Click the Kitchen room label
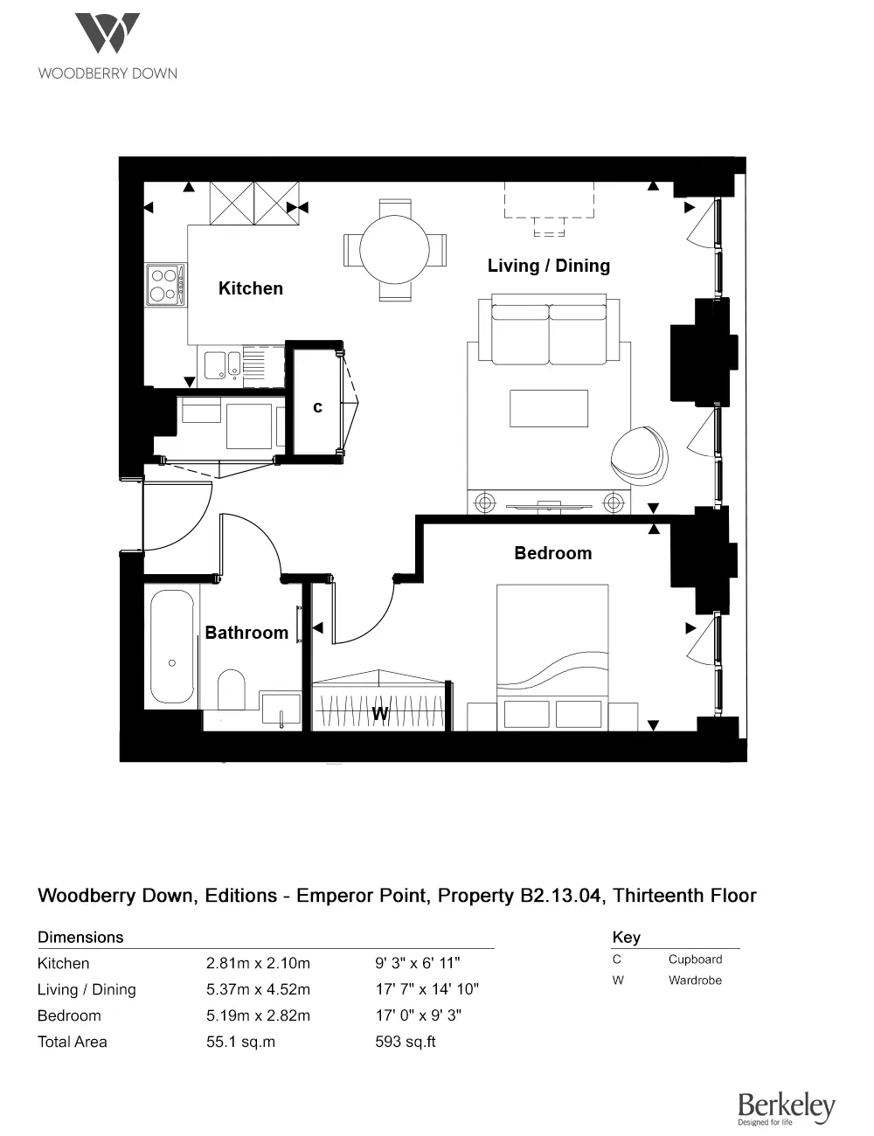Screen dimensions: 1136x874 [251, 288]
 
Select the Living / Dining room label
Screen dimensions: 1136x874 [548, 266]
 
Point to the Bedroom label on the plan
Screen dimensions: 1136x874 [552, 553]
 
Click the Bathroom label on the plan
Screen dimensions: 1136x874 [246, 633]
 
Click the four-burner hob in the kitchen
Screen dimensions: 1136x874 [164, 284]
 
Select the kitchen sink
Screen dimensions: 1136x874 [222, 364]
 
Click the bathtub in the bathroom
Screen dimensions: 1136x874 [172, 647]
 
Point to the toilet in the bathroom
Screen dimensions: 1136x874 [232, 689]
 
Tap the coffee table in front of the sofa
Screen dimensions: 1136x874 [548, 408]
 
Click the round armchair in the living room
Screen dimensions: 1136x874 [639, 454]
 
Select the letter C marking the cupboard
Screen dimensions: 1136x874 [317, 407]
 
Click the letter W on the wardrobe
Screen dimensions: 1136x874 [380, 714]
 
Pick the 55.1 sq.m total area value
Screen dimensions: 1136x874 [240, 1042]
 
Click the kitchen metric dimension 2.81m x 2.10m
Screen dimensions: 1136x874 [258, 963]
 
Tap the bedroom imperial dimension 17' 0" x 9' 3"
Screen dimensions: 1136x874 [418, 1015]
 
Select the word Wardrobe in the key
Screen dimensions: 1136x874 [695, 980]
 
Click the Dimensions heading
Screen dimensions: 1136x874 [80, 937]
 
